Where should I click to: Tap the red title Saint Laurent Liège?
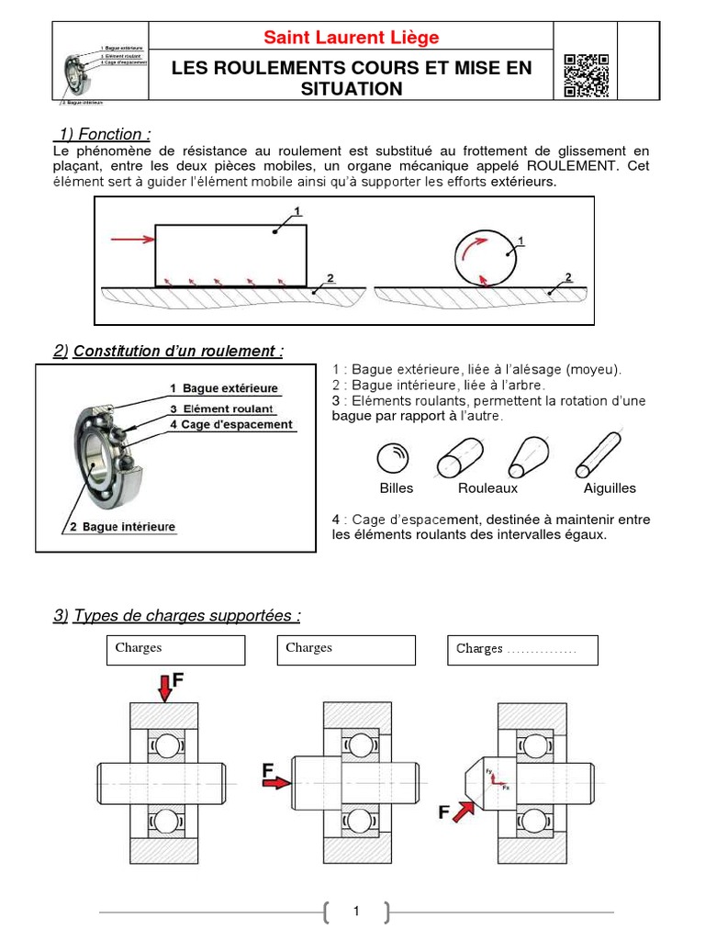[352, 38]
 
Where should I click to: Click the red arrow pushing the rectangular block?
[130, 241]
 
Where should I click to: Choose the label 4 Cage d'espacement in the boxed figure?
[230, 425]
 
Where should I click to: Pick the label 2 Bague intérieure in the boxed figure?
[122, 527]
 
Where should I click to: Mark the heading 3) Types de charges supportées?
[176, 615]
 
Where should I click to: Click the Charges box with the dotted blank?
[521, 650]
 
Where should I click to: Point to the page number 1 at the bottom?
[356, 912]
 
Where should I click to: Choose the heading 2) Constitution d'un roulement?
[169, 351]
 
